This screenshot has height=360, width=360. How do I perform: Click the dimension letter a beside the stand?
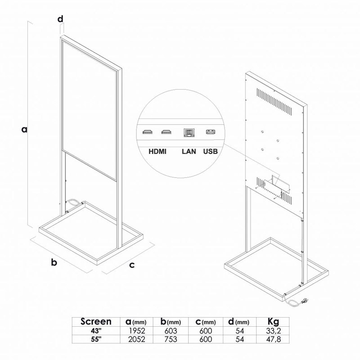click(x=24, y=130)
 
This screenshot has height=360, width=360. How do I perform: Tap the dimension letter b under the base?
click(x=54, y=262)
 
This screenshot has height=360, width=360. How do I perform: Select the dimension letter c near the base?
click(x=132, y=265)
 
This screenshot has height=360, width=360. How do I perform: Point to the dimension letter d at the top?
click(x=60, y=19)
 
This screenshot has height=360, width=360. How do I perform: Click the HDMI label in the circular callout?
click(x=157, y=152)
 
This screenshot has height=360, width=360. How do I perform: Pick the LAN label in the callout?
click(x=189, y=152)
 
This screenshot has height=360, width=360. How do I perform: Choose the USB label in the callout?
click(x=210, y=152)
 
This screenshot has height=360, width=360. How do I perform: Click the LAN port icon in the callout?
click(x=189, y=132)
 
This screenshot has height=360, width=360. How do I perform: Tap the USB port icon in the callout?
click(x=210, y=132)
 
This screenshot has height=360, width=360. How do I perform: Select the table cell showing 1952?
click(x=137, y=331)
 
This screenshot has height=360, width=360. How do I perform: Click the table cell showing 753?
click(x=171, y=339)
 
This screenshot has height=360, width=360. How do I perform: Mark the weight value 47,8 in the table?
click(x=273, y=339)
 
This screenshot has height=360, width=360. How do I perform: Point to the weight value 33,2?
click(x=273, y=331)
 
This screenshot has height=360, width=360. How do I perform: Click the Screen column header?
click(x=96, y=321)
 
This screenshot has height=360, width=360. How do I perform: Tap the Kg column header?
click(x=273, y=322)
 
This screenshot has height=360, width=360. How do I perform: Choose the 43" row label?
click(x=96, y=331)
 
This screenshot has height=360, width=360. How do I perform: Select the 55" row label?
click(x=96, y=339)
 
